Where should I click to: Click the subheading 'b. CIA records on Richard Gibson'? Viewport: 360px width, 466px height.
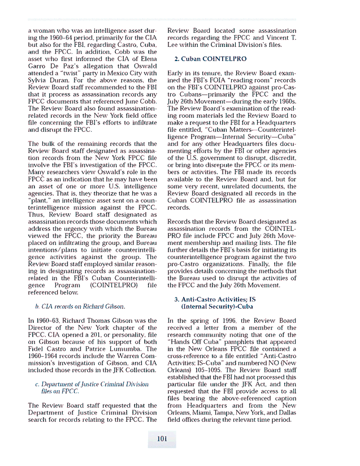[80, 307]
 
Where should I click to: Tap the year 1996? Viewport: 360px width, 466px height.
[229, 321]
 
